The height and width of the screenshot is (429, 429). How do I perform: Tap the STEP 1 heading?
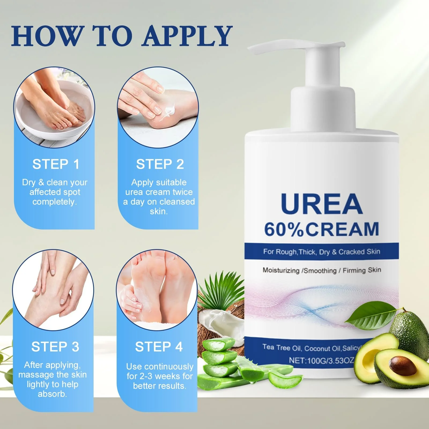tap(56, 164)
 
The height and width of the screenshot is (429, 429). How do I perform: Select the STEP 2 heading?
tap(160, 164)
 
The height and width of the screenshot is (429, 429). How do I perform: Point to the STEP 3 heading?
tap(55, 347)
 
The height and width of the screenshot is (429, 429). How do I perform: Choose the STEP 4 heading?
tap(159, 347)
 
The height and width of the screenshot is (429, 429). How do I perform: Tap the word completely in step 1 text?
tap(54, 202)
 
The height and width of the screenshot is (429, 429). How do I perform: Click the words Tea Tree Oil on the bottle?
tap(282, 347)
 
